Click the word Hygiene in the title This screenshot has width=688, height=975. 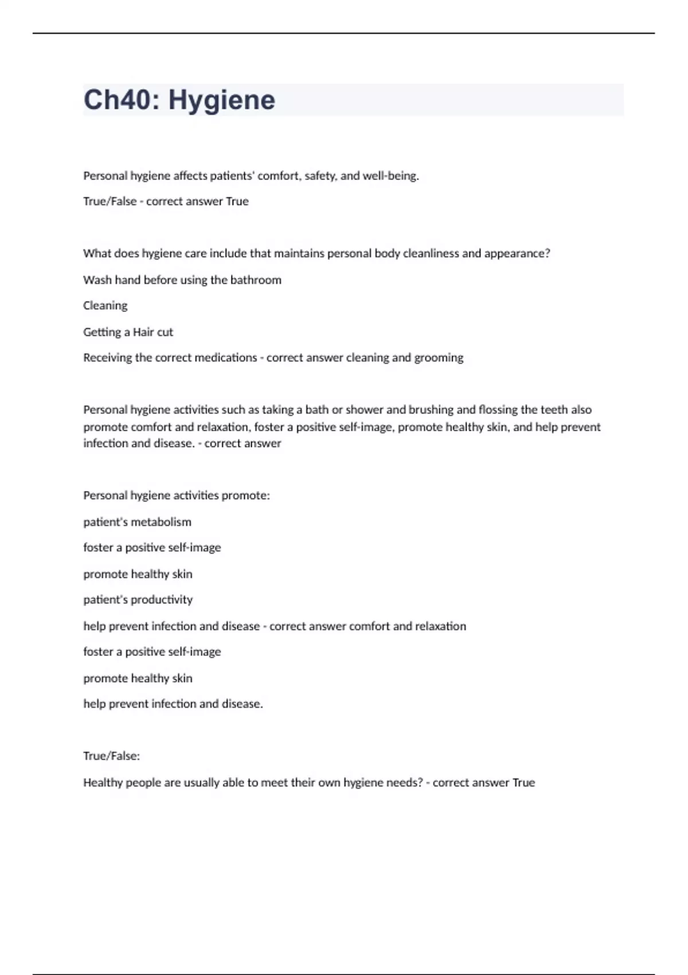(221, 100)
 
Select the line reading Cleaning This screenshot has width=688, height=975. (105, 306)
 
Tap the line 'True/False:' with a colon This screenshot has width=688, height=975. (111, 756)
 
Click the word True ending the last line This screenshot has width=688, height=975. (523, 783)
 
